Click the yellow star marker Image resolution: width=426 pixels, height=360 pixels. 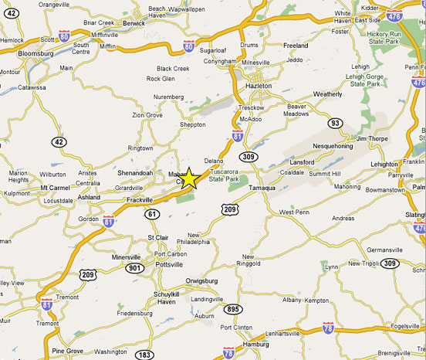(x=189, y=178)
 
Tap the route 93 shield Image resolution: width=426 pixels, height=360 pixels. (x=335, y=123)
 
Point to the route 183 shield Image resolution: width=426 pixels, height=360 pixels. (x=144, y=355)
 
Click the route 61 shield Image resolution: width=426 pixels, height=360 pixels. (x=152, y=214)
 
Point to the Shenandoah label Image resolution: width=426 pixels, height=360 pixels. (x=135, y=172)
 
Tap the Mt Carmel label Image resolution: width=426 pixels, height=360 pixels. (x=54, y=187)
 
